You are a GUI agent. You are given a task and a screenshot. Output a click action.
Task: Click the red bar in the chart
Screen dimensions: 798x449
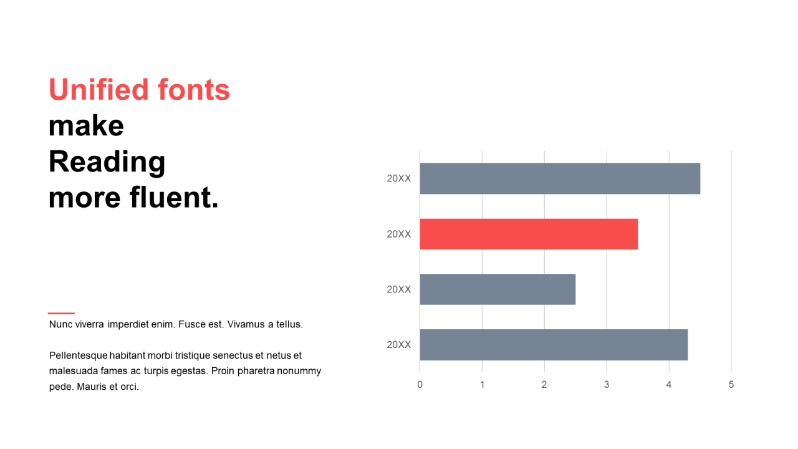[529, 234]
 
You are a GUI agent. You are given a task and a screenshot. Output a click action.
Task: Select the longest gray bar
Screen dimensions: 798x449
[560, 178]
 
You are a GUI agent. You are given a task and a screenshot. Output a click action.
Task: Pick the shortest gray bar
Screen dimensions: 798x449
[498, 289]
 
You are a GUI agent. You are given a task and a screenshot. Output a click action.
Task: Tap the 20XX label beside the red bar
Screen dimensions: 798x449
[399, 234]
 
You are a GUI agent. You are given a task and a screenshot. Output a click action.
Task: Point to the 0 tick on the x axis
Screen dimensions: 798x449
[420, 385]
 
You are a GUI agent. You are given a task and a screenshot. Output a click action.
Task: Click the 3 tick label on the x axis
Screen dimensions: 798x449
[607, 385]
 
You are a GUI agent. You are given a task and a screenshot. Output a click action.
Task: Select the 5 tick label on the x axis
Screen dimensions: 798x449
[731, 385]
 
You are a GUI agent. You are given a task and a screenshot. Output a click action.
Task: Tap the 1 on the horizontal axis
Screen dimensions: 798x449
[483, 385]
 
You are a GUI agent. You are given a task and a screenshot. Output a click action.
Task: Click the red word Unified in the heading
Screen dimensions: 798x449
[99, 89]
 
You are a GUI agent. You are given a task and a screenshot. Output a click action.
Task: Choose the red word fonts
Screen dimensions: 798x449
[194, 89]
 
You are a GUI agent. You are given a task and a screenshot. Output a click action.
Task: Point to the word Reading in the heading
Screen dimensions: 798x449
[107, 163]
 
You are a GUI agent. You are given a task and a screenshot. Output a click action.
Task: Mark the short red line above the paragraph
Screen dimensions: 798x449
[61, 313]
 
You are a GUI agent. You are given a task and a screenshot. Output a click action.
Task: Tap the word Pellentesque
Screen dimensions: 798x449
[79, 355]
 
